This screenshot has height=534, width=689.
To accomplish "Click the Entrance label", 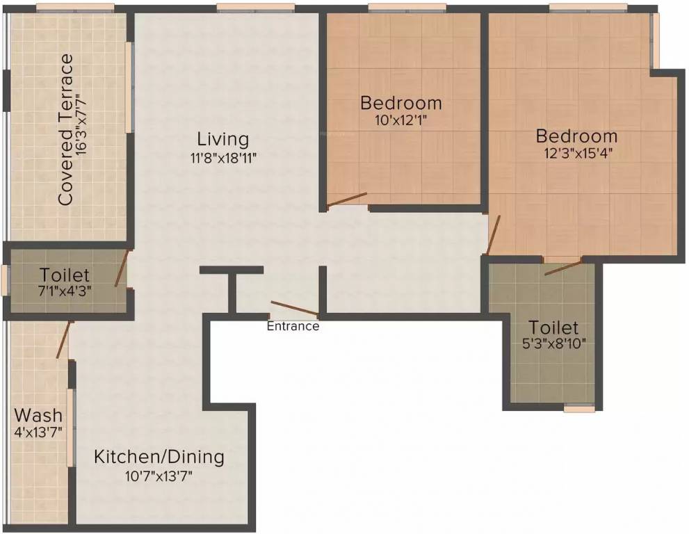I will point(293,326).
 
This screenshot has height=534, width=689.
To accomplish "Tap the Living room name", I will point(222,138).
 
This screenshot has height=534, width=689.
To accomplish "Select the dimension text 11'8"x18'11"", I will point(222,157).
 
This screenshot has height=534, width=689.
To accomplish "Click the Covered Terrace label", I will point(66,130).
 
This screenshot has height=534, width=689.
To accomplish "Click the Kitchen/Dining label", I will point(159,457).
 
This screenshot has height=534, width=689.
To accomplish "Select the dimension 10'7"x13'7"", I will point(159,476).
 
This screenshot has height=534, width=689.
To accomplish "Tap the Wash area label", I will point(38,416).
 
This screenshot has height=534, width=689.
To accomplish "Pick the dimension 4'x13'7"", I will point(38,432).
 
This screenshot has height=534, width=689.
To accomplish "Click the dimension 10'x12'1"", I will point(400,120).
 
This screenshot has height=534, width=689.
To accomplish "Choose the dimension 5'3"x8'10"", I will point(553,343).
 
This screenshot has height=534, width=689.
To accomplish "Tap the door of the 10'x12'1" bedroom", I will point(347,200).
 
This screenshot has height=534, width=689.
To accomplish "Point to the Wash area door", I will point(63,340).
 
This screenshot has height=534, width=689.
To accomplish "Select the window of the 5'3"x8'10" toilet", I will point(579,408).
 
